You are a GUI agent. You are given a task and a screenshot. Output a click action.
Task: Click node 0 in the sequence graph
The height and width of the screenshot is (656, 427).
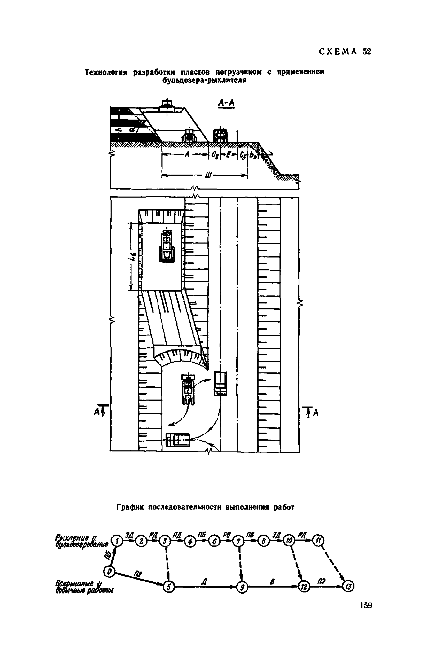[x=110, y=571]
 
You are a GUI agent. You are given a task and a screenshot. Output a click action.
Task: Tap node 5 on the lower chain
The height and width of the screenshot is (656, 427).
[x=169, y=587]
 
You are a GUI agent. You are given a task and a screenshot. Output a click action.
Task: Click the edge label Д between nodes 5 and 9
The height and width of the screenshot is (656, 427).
[x=205, y=582]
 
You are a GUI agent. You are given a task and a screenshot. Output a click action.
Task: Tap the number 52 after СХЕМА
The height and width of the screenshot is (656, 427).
[x=367, y=52]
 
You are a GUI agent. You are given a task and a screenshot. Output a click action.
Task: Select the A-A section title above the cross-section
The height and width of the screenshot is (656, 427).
[x=226, y=103]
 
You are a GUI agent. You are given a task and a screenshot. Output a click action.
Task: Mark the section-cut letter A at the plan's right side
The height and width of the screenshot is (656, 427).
[x=316, y=412]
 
